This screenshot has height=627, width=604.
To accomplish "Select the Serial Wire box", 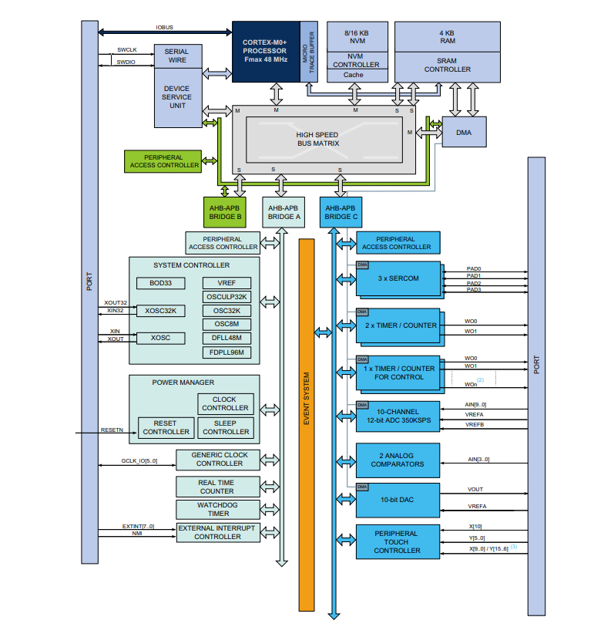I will [x=177, y=55].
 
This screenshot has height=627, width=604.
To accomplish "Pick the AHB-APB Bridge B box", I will [x=225, y=212].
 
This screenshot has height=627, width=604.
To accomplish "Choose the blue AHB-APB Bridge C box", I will [x=341, y=212].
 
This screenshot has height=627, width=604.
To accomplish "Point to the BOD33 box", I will [x=160, y=283].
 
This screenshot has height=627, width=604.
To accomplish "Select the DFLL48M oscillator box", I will [x=226, y=338].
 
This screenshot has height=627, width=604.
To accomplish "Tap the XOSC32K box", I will [x=160, y=311].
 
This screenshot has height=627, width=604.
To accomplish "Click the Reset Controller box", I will [x=165, y=427].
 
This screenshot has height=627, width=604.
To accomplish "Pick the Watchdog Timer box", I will [x=218, y=510].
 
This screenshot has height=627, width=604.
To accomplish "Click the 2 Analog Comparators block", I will [x=398, y=460].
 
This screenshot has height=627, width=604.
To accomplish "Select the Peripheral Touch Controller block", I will [x=397, y=542].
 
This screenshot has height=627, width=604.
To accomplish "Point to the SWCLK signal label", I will [x=126, y=49].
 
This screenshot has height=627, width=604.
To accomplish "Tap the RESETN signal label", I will [x=112, y=430].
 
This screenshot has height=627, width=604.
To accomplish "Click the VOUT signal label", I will [x=475, y=488].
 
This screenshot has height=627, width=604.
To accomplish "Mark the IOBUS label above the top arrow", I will [x=164, y=27].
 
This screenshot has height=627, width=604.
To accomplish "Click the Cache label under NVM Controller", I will [x=354, y=75].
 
